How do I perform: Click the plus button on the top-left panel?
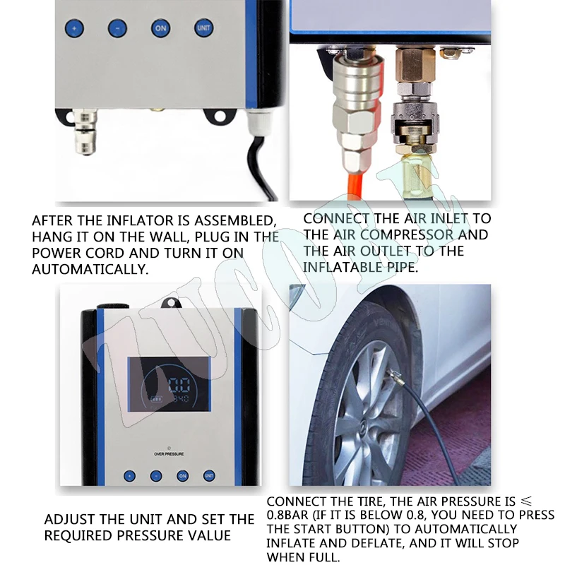coord(74,29)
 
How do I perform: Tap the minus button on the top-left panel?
coord(117,29)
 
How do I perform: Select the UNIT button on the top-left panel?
coord(203,28)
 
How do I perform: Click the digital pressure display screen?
coord(169,393)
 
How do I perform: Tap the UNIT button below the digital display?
coord(209,476)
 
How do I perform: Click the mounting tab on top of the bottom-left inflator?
coord(169,302)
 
